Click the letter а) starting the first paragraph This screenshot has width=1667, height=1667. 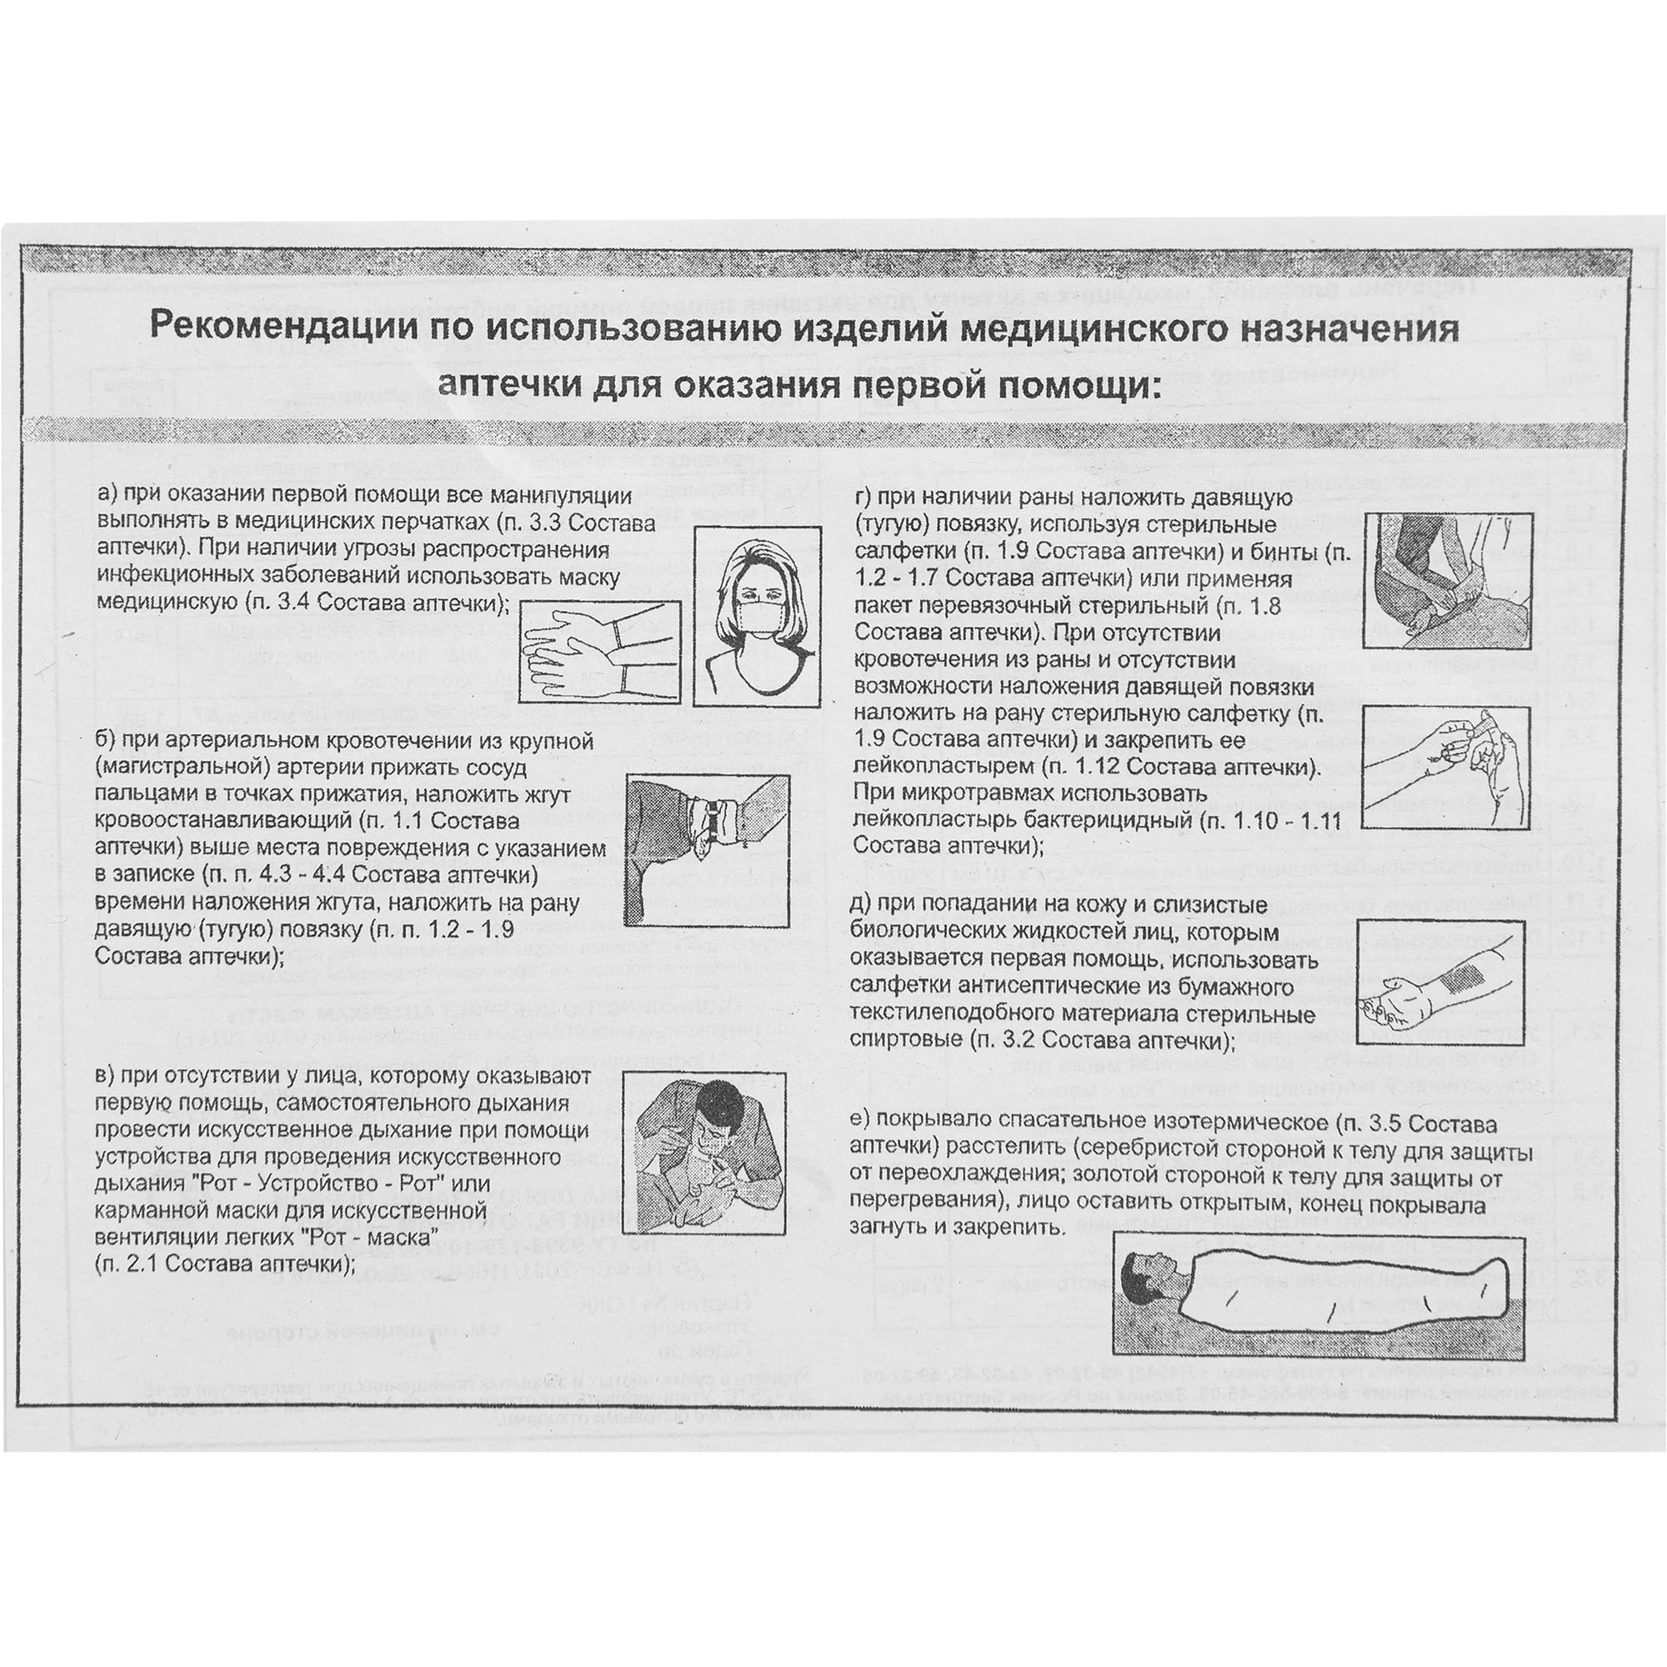pos(107,495)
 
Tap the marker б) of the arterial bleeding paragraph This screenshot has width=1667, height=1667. pos(107,743)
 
